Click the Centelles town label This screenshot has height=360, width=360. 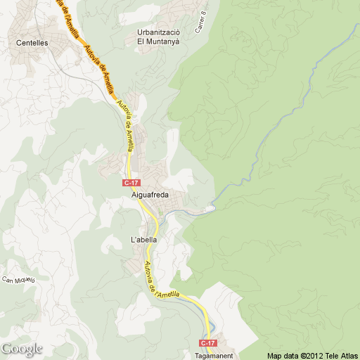point(32,42)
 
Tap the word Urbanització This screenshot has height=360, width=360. point(159,32)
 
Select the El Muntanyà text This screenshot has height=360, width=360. point(159,41)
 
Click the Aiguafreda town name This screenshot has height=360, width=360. point(151,195)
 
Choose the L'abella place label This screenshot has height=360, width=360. point(143,240)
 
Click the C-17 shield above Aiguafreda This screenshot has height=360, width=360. point(131,183)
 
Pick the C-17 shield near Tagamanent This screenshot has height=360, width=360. point(207,343)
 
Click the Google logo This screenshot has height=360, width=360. point(22,349)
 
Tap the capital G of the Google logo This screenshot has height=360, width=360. point(6,348)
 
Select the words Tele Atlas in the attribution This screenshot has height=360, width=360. point(340,355)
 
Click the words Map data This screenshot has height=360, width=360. point(282,355)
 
